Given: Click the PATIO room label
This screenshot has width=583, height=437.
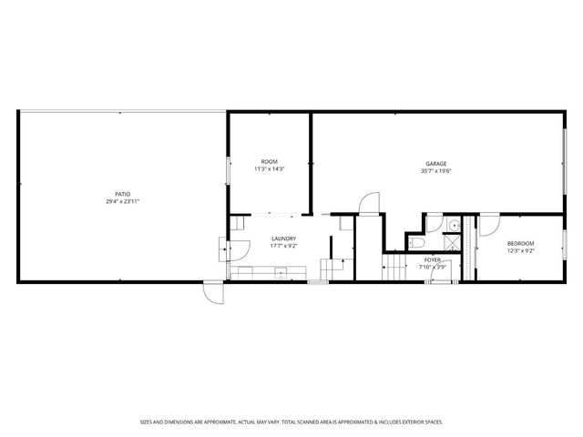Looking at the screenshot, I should point(121,194).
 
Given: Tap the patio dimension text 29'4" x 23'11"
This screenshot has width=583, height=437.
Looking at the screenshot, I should point(121,201).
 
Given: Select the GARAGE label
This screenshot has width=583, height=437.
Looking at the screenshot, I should point(436,164).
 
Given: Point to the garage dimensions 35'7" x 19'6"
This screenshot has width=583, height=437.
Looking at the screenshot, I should point(436,171).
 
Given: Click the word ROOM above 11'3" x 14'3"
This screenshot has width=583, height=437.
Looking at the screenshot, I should point(269,161).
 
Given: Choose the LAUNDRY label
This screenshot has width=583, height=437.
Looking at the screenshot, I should point(283,239).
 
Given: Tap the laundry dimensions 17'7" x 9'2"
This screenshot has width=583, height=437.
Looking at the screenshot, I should point(283,246).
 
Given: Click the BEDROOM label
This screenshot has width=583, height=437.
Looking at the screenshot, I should point(520,243).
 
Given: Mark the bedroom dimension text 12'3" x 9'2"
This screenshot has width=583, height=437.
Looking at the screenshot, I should point(520,250).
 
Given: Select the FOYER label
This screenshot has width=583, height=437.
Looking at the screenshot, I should point(432,259).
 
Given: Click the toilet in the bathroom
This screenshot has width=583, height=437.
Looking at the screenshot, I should point(414,243).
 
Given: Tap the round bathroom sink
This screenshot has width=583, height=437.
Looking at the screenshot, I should point(453,224).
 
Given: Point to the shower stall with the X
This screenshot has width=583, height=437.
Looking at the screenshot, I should point(452,243).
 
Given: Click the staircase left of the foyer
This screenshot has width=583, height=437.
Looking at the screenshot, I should point(395,267).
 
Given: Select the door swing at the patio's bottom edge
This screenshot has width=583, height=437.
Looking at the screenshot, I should point(211,291).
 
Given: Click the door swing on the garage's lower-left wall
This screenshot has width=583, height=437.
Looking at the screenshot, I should point(367,205).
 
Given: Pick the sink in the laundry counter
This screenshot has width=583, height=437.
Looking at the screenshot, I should point(281,270).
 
